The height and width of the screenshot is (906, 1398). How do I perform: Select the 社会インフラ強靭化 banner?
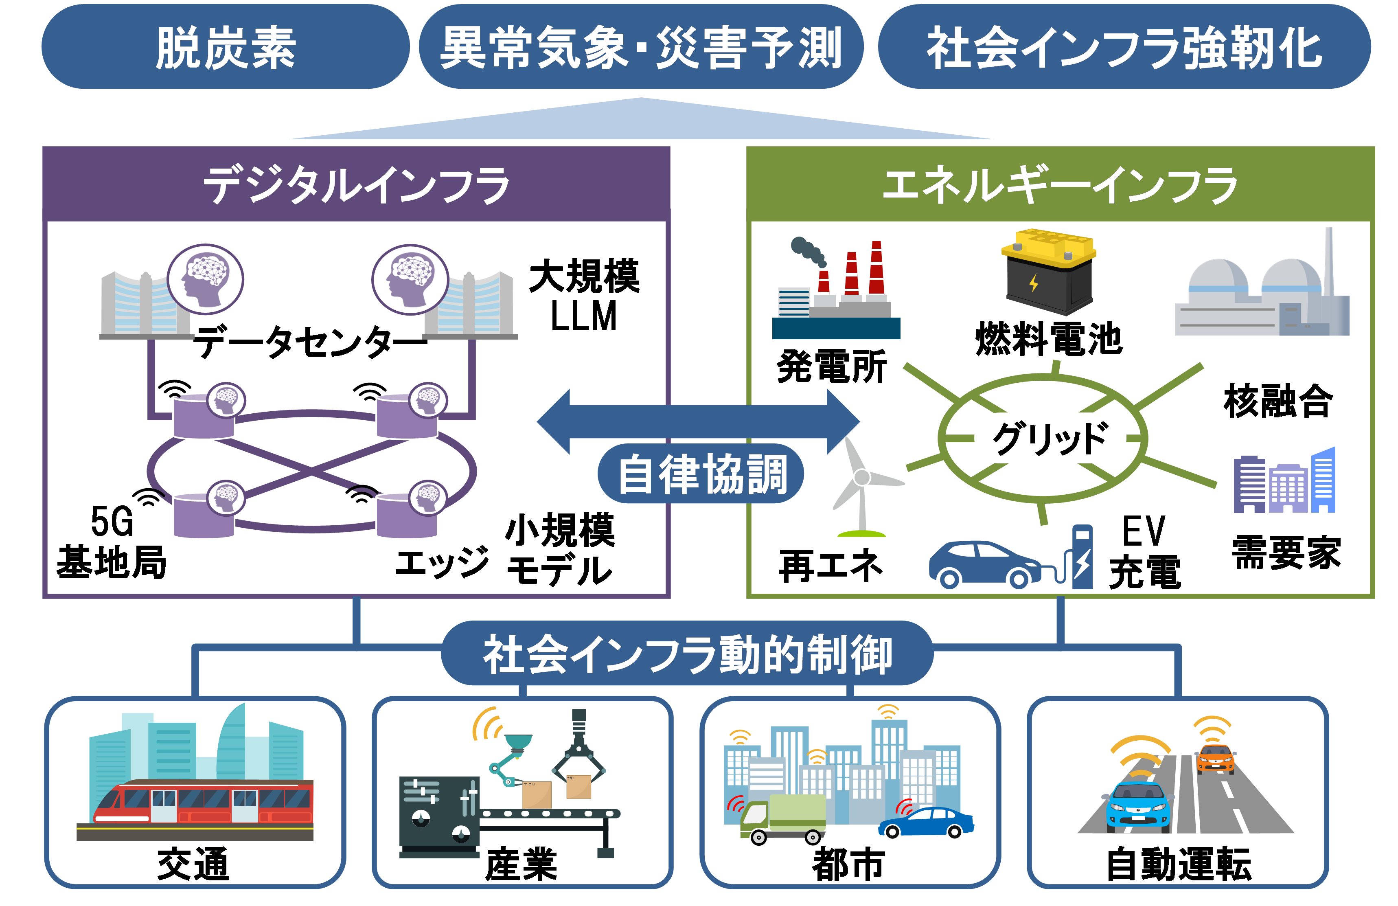click(1124, 47)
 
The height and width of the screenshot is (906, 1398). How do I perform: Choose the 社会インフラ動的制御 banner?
click(687, 654)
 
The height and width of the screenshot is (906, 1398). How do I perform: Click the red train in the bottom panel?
click(203, 803)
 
